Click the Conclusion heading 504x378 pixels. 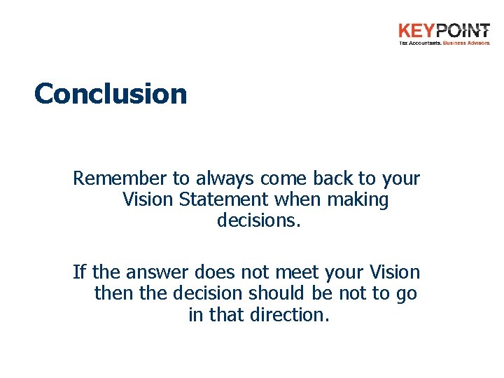pos(111,93)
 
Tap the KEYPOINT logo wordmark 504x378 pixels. pos(444,31)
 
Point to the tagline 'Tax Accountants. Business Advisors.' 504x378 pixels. pos(444,43)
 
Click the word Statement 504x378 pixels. pos(223,199)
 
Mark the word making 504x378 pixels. pos(359,200)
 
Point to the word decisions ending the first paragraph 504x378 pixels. pos(258,221)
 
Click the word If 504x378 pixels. pos(78,272)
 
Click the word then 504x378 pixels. pos(113,293)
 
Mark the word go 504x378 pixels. pos(406,294)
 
